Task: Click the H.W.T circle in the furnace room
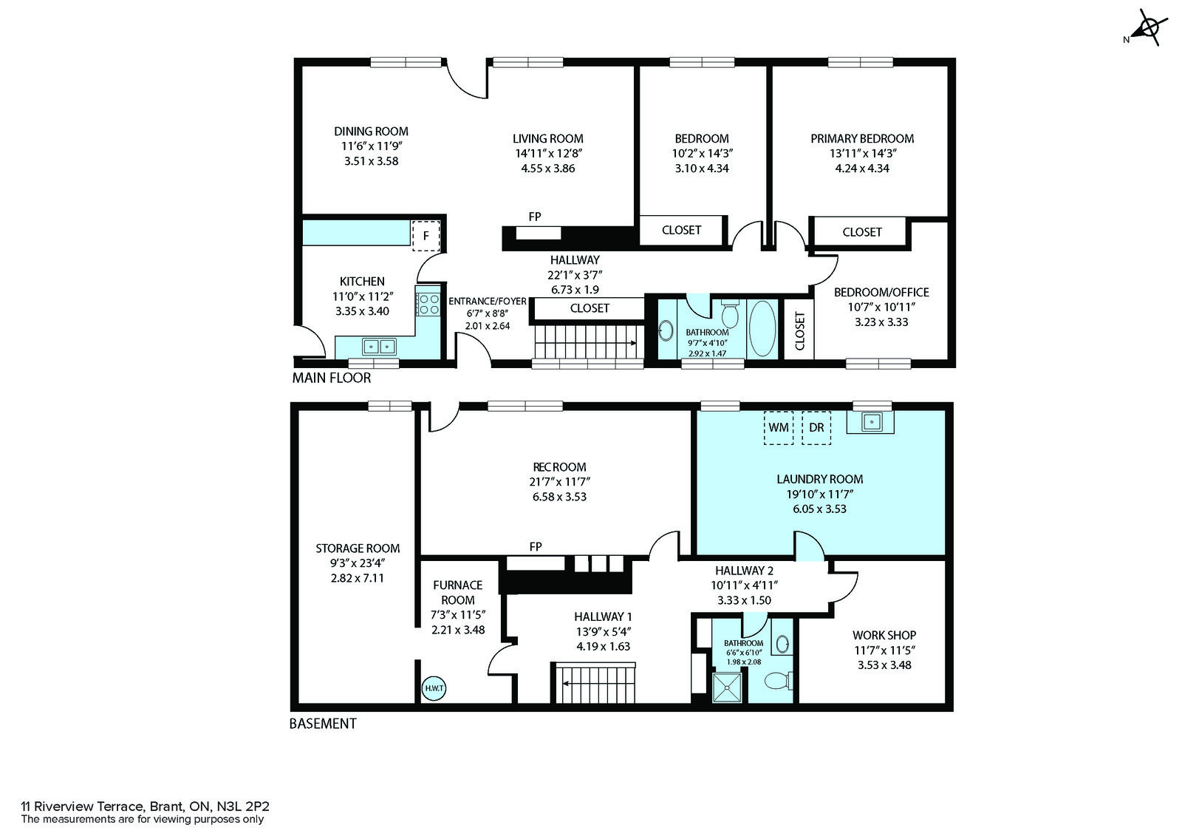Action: [x=434, y=689]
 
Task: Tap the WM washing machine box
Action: [x=779, y=428]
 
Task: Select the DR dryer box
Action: [x=816, y=428]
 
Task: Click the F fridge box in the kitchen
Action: [x=426, y=236]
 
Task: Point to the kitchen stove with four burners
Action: [x=428, y=305]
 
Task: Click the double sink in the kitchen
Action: [x=380, y=347]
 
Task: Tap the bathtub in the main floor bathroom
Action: [x=762, y=328]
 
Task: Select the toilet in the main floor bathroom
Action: [x=731, y=313]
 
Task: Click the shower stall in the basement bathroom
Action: [x=727, y=687]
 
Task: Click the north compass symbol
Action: [x=1146, y=28]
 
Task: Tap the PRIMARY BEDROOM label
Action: [x=862, y=139]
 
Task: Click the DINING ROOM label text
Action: [x=371, y=132]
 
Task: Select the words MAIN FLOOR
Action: [x=332, y=378]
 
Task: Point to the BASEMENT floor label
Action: [x=323, y=724]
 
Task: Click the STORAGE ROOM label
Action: [x=358, y=548]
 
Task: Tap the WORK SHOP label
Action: [x=884, y=636]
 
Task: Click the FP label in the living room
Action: [x=535, y=217]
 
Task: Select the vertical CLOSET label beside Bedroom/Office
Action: [x=799, y=331]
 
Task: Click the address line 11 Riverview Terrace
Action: [x=145, y=806]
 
